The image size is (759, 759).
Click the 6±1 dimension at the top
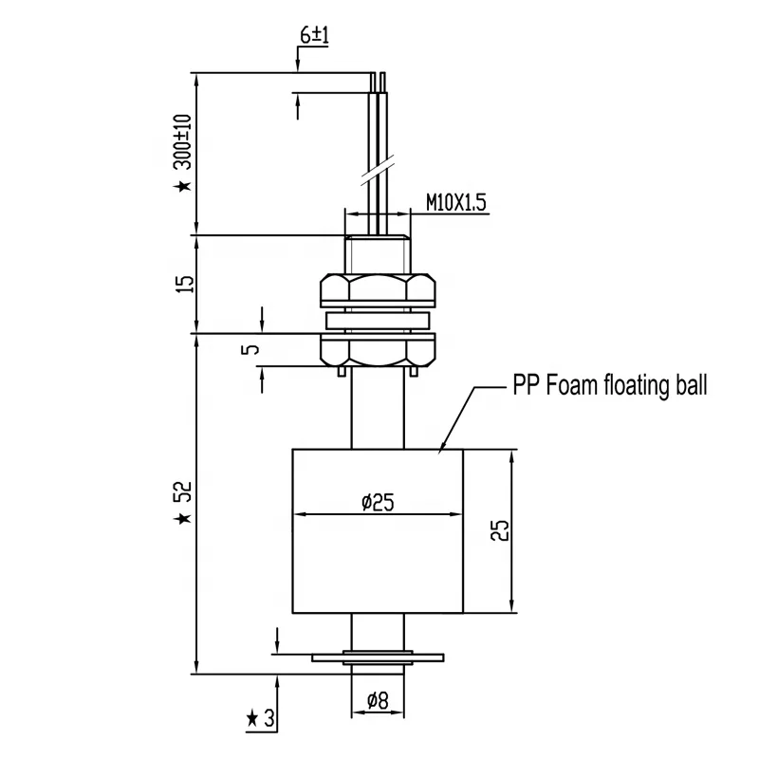point(314,35)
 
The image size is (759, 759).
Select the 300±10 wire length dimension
point(183,142)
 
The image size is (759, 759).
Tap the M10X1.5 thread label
point(454,203)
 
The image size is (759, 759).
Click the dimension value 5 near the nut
point(250,349)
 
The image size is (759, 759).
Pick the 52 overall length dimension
point(183,492)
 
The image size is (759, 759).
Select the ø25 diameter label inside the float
point(377,504)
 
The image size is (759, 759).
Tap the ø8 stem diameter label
point(378,703)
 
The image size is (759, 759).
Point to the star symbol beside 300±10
point(183,186)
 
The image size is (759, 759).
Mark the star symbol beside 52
point(183,519)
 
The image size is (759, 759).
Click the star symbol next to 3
point(252,719)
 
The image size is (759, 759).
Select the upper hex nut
point(379,289)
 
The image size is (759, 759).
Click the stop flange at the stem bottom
point(379,656)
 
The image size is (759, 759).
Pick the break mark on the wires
point(378,175)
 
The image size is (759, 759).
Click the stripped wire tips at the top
point(379,80)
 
